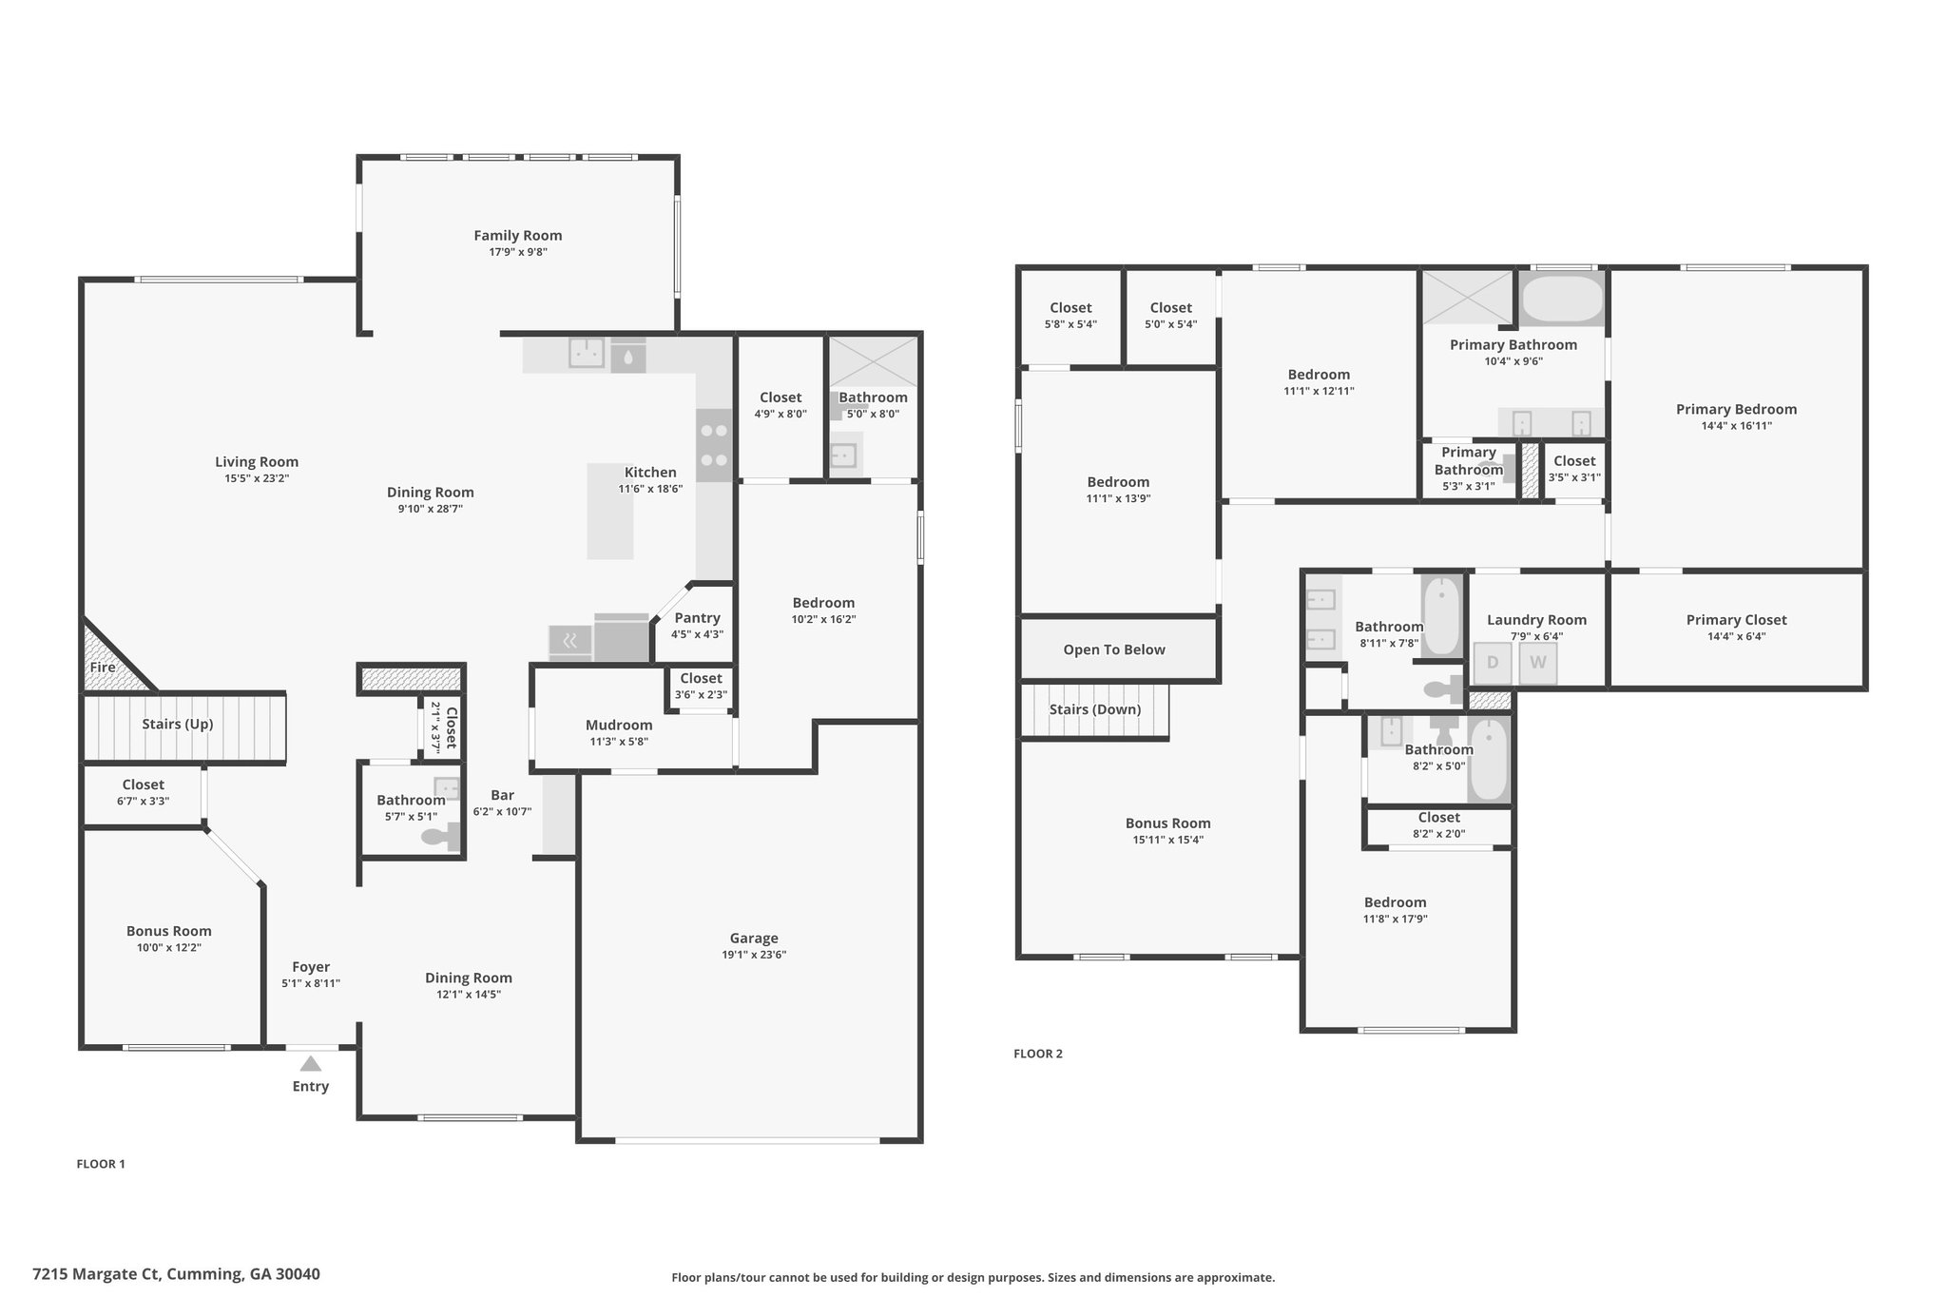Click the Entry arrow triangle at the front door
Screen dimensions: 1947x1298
311,1063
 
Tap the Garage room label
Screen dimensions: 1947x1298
754,938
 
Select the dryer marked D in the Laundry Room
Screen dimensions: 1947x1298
1493,663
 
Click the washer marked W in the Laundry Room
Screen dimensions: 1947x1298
1538,663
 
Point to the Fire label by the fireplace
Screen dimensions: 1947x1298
103,668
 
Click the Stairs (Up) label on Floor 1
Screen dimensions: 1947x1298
178,724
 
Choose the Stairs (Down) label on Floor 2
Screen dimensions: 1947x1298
1095,709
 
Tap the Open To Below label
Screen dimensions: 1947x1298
1114,649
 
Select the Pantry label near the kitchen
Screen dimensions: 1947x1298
697,618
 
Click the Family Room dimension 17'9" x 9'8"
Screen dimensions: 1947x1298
517,252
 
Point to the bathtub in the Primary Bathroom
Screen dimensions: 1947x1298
1562,300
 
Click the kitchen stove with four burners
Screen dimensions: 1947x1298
714,446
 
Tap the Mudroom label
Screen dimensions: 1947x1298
619,725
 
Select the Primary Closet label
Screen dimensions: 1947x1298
1736,620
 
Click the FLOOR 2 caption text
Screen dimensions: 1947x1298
1038,1054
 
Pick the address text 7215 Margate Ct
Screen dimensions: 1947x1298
97,1274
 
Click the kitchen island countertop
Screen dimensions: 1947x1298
609,511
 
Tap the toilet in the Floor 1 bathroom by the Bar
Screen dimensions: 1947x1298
441,837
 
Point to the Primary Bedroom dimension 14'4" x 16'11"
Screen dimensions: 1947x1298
1736,426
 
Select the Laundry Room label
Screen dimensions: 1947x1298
1536,620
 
